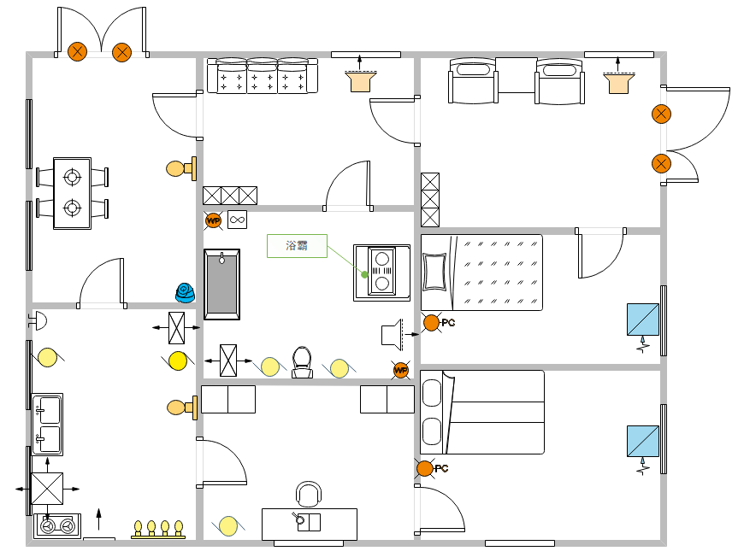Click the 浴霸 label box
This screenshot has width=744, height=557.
[x=297, y=246]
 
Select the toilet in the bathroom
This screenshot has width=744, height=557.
[x=301, y=362]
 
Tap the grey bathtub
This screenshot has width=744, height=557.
[x=222, y=284]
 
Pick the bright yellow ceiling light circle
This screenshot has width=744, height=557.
[x=178, y=361]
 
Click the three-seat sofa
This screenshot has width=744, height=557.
[x=263, y=77]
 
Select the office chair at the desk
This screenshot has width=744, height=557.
[x=308, y=495]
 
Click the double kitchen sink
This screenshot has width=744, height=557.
[x=48, y=425]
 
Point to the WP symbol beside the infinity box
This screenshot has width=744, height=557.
[x=213, y=220]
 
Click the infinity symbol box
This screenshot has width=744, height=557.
[x=237, y=220]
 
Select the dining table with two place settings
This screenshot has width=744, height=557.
[x=73, y=193]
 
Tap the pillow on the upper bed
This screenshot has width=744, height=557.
[x=435, y=273]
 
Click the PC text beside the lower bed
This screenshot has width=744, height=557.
[x=442, y=468]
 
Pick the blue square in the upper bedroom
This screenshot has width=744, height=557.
[x=642, y=320]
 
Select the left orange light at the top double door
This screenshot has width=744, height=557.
[x=78, y=51]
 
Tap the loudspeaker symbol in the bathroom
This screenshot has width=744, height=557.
[x=393, y=333]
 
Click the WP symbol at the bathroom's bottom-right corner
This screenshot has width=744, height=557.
[x=401, y=370]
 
